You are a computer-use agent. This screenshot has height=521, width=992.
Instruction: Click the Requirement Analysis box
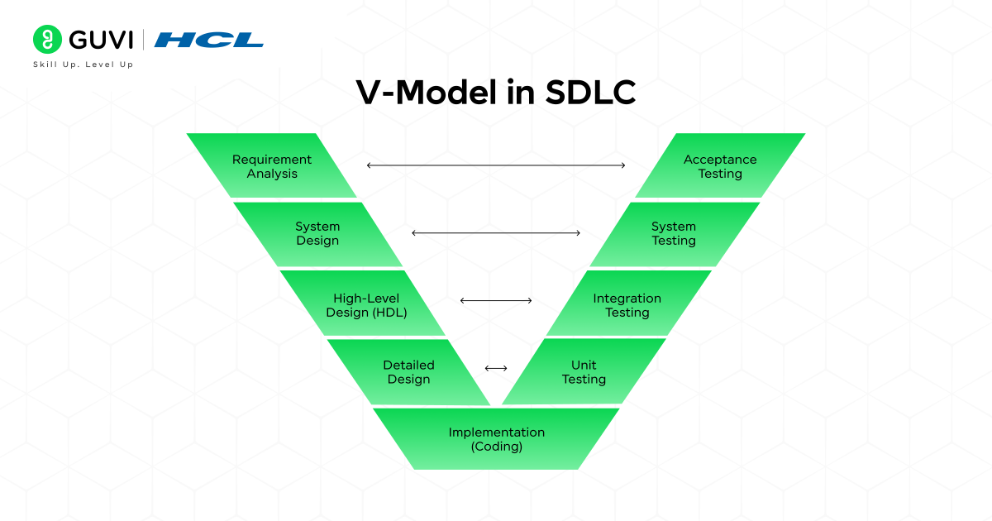click(x=272, y=166)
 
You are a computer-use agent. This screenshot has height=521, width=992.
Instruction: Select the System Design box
click(x=317, y=233)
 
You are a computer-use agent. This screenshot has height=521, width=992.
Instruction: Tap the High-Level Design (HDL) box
click(x=366, y=305)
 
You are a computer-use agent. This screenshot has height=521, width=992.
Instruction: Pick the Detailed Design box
click(x=408, y=372)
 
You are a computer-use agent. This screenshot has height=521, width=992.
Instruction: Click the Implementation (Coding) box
click(x=496, y=439)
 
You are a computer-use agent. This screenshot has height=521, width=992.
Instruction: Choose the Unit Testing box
click(x=584, y=372)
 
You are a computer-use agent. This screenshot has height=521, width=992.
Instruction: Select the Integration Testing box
click(x=627, y=305)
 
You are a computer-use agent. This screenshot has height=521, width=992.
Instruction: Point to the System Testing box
click(x=674, y=233)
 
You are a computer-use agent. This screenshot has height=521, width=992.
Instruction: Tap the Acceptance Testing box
click(x=720, y=166)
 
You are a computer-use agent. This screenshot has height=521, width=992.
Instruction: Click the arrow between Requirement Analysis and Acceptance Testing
click(x=496, y=165)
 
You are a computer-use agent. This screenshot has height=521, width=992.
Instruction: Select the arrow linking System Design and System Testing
click(x=496, y=233)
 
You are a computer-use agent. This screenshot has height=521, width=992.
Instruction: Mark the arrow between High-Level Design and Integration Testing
click(x=496, y=300)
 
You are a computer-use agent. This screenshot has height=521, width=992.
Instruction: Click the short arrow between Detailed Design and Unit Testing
click(x=496, y=368)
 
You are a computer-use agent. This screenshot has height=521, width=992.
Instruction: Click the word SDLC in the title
click(x=590, y=93)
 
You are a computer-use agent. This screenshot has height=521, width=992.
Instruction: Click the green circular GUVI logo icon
click(x=47, y=39)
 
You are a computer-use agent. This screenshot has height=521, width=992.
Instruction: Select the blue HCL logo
click(x=208, y=40)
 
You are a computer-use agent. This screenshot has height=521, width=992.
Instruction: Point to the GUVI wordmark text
click(x=101, y=40)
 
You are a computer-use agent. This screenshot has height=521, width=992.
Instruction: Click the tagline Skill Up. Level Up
click(x=83, y=64)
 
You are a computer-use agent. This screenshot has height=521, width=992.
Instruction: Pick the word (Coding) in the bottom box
click(x=496, y=447)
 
